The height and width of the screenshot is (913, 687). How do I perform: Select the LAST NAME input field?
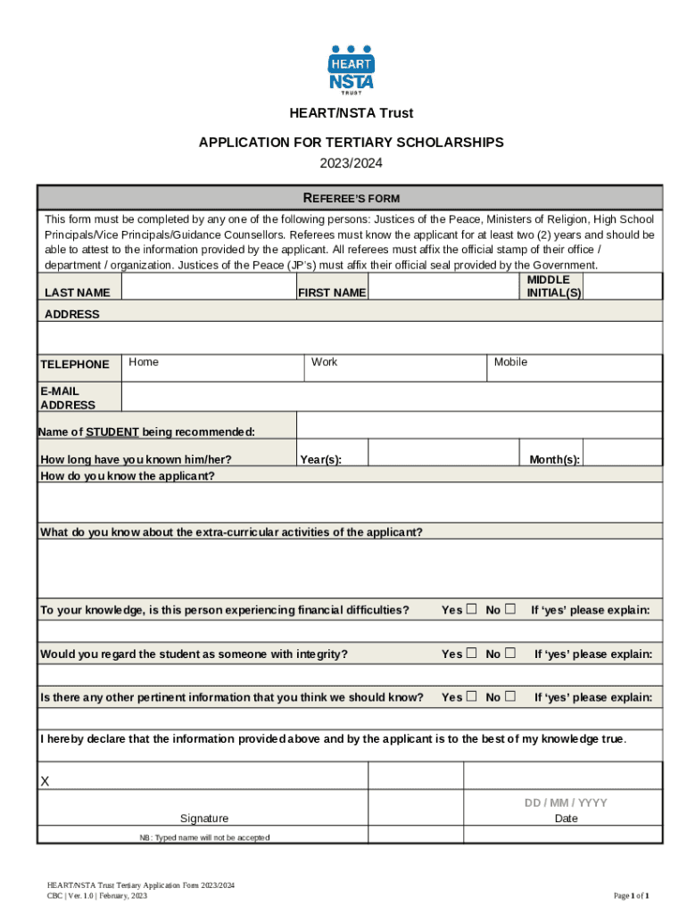click(x=208, y=287)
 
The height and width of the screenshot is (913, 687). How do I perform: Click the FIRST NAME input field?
click(x=443, y=287)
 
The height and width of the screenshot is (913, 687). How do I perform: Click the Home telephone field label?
click(x=144, y=362)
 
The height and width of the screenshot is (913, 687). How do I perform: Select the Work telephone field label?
click(x=325, y=362)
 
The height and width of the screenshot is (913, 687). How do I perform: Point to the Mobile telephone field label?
click(x=510, y=362)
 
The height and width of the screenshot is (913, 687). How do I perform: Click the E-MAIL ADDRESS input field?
click(x=391, y=398)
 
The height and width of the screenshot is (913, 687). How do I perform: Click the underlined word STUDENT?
click(x=112, y=432)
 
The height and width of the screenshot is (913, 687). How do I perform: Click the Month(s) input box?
click(x=623, y=453)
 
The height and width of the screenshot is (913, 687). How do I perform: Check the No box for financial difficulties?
click(x=510, y=610)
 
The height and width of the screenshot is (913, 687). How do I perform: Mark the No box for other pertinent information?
click(x=510, y=696)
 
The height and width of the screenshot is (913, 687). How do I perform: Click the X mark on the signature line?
click(x=46, y=782)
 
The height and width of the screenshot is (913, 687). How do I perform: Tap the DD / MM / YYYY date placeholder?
click(x=566, y=802)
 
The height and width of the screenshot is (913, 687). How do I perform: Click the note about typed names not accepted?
click(x=204, y=837)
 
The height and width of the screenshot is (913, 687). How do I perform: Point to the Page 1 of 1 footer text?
click(x=631, y=895)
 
